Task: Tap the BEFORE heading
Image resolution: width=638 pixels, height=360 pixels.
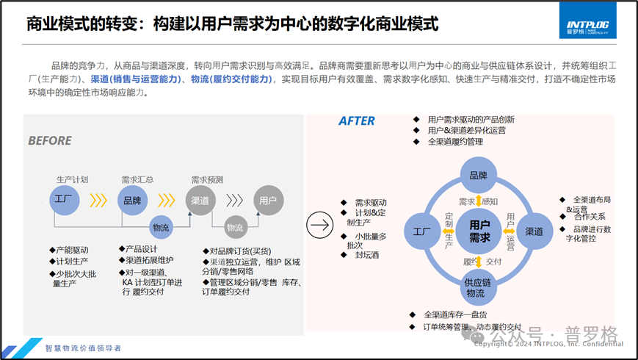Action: [x=50, y=140]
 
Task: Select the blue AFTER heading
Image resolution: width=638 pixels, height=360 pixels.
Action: [x=356, y=121]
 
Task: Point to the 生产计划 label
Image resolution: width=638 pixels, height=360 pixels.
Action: [x=72, y=179]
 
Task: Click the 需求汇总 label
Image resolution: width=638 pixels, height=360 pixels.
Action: [x=137, y=179]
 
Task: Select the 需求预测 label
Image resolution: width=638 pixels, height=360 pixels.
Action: [x=207, y=179]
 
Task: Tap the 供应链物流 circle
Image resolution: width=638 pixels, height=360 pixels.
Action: [x=476, y=287]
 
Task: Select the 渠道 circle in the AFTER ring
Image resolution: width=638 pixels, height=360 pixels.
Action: [x=534, y=231]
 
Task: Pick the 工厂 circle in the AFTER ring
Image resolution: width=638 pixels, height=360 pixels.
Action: [x=421, y=231]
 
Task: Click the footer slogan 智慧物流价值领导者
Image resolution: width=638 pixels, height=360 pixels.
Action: [x=83, y=348]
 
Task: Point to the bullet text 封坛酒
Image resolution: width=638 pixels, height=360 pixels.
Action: [x=368, y=254]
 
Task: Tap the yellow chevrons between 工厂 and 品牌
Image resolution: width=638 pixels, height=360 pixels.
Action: [x=98, y=201]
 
